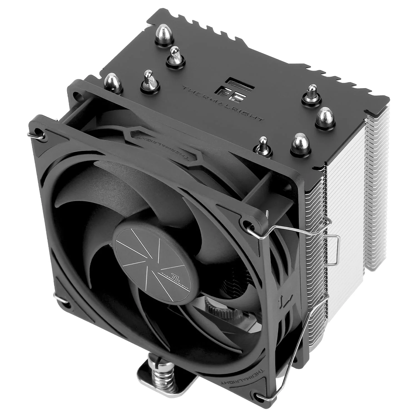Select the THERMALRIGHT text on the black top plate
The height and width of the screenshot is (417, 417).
(222, 103)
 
